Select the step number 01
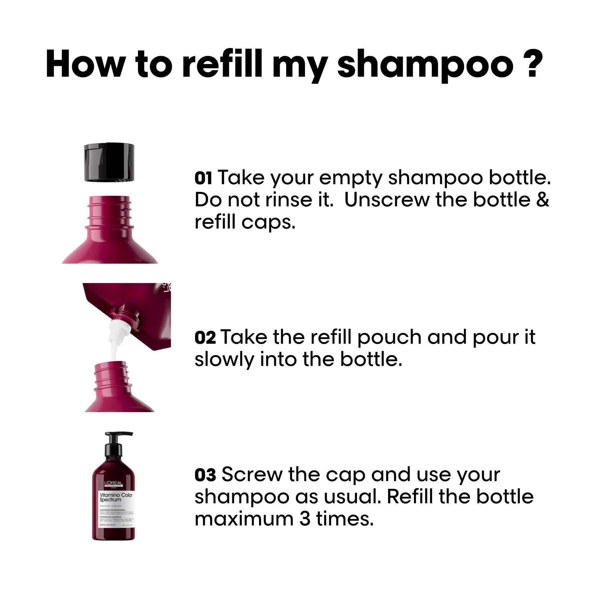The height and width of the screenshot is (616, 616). (203, 179)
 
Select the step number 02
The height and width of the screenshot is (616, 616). (205, 338)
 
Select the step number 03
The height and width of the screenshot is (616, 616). (205, 475)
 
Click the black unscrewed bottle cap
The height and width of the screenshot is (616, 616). (109, 162)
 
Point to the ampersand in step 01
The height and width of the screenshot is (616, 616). (543, 200)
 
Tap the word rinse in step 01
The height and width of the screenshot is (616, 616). (289, 200)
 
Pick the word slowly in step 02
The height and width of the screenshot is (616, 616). (224, 360)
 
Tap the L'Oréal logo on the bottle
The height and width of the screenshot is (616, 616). (114, 483)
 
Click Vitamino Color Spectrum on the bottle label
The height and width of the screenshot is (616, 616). (115, 497)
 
